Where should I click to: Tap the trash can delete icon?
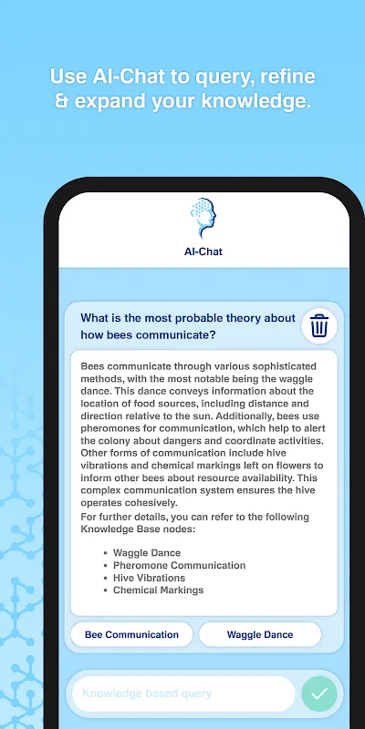[319, 325]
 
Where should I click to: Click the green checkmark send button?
[319, 693]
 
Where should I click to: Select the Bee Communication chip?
[131, 634]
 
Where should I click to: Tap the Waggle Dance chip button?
[260, 634]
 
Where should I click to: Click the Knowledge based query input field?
[183, 693]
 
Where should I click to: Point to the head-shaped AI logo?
[203, 218]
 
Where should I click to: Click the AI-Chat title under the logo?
[203, 252]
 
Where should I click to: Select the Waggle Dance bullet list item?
[147, 553]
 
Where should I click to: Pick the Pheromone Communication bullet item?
[179, 565]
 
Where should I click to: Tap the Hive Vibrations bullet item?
[149, 578]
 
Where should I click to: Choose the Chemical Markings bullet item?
[158, 590]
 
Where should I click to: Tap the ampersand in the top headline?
[61, 101]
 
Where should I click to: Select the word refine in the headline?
[287, 77]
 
